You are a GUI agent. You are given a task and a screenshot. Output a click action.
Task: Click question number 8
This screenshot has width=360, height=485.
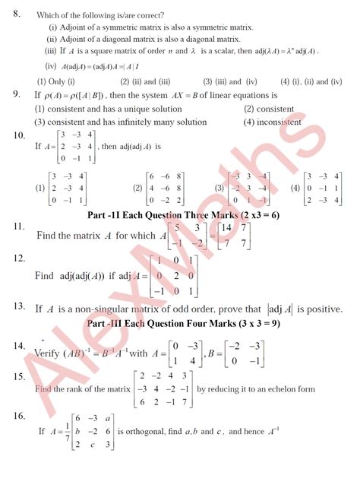(x=16, y=13)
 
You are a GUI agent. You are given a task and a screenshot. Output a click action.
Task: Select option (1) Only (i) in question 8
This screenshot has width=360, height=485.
(x=55, y=81)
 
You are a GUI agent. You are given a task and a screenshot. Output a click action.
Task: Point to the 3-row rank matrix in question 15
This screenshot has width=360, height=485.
(x=163, y=389)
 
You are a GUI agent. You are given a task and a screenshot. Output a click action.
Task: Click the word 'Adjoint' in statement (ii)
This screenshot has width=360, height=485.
(x=71, y=39)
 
